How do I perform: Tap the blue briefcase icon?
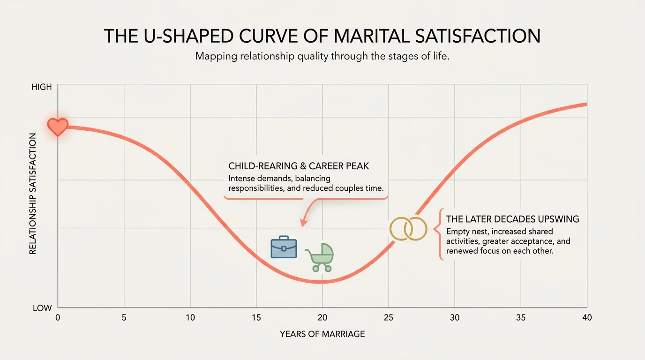(x=284, y=247)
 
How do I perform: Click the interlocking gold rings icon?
(x=409, y=229)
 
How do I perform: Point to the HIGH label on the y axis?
(x=42, y=88)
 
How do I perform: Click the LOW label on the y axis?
(x=42, y=308)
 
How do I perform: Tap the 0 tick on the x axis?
(x=58, y=318)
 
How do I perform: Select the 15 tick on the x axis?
(x=256, y=318)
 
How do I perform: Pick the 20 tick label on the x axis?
(x=322, y=318)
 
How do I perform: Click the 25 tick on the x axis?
(x=388, y=318)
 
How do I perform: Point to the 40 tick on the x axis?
(x=586, y=318)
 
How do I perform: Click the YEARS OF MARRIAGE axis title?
(x=322, y=334)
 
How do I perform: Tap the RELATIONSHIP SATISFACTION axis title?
(x=33, y=194)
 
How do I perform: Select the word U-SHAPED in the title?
(x=180, y=37)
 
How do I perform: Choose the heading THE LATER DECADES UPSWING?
(x=512, y=219)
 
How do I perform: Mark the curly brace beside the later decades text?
(x=439, y=234)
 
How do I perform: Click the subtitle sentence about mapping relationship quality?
(x=322, y=56)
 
